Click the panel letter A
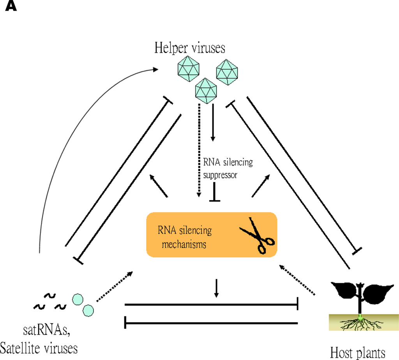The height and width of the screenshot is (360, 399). click(x=11, y=7)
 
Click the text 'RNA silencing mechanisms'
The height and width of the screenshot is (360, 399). click(x=185, y=237)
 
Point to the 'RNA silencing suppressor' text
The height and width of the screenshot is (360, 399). click(x=228, y=168)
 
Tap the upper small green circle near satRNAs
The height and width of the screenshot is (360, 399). click(x=78, y=300)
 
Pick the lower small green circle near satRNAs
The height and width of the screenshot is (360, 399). click(x=88, y=310)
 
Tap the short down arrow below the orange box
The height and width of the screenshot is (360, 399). click(x=217, y=288)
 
